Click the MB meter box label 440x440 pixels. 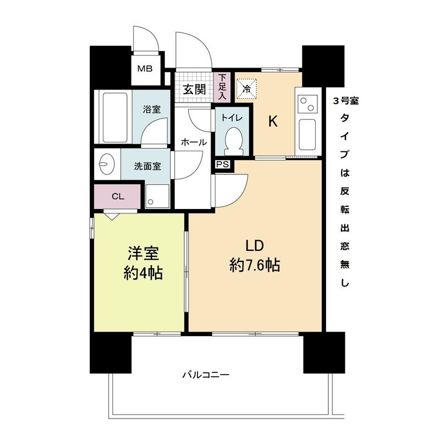[145, 69]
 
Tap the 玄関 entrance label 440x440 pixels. [194, 89]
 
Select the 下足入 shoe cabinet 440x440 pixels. [222, 87]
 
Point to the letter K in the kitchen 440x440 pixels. [272, 122]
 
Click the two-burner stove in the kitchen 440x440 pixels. [307, 102]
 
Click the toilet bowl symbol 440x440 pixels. [233, 139]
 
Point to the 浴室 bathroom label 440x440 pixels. [152, 108]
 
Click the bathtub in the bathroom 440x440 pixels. [114, 117]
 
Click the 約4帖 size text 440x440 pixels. [143, 272]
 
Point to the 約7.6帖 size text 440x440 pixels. [255, 266]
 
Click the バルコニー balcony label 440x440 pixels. [206, 376]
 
